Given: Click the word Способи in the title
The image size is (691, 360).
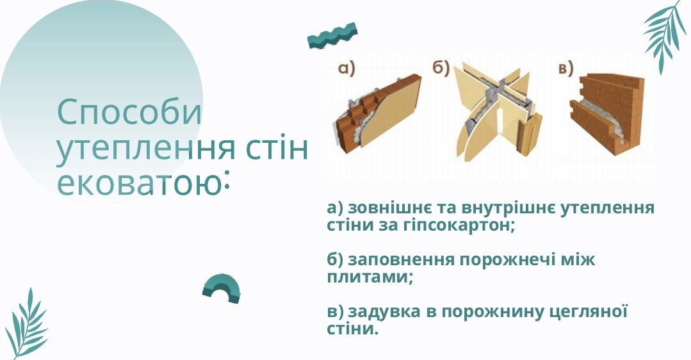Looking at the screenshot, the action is click(x=129, y=113).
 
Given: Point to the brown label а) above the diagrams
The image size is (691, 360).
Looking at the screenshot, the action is click(x=346, y=69).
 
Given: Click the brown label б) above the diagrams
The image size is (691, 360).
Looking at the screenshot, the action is click(x=440, y=69).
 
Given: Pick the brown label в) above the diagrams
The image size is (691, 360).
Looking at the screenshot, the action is click(x=566, y=69).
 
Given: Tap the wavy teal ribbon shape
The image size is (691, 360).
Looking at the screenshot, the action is click(x=332, y=36).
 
